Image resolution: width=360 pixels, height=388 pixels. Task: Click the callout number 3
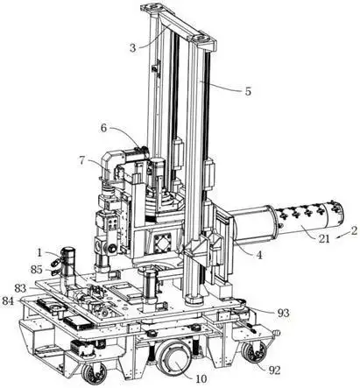click(133, 48)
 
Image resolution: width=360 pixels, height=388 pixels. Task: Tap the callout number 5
click(248, 91)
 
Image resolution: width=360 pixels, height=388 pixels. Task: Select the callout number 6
click(104, 128)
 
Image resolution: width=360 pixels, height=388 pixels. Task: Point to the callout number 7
click(82, 160)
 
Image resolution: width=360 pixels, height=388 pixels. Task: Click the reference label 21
click(323, 239)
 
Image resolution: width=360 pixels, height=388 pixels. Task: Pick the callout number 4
click(259, 255)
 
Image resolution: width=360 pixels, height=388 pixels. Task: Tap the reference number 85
click(37, 270)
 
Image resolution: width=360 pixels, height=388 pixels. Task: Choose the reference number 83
click(20, 288)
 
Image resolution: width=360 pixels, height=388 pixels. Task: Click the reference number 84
click(8, 300)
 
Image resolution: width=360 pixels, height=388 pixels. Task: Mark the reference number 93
click(283, 313)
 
